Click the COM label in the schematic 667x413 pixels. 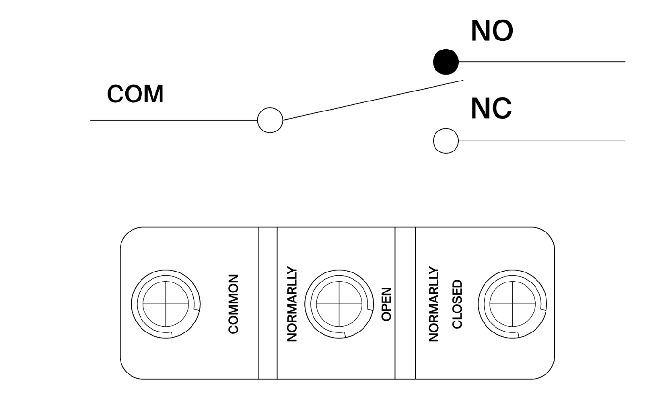[x=135, y=94]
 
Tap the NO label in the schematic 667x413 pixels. [x=492, y=31]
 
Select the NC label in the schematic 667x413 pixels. [x=491, y=109]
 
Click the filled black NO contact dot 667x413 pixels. [x=445, y=62]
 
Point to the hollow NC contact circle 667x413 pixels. [x=445, y=141]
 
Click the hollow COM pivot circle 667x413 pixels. [x=270, y=120]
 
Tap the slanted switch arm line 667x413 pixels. [x=372, y=100]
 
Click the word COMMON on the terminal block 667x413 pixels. [x=233, y=304]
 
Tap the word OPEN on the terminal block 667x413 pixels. [x=386, y=304]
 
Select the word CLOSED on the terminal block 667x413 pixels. [x=457, y=304]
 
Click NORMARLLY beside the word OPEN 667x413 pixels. [x=292, y=304]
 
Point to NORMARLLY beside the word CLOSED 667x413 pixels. [x=434, y=304]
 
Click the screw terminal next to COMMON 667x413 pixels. [x=166, y=304]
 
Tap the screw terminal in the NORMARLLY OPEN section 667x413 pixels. [x=339, y=304]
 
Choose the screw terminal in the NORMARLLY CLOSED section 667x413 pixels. [x=513, y=304]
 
